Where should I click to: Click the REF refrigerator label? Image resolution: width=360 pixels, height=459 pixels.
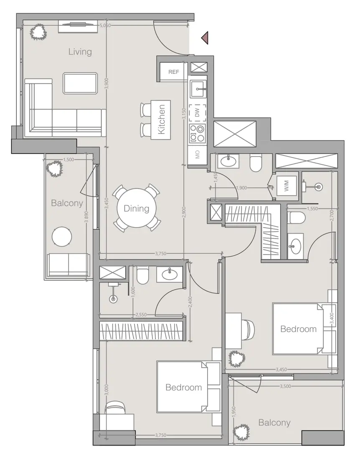pos(173,72)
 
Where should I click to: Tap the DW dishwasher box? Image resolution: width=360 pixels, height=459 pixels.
pos(197,112)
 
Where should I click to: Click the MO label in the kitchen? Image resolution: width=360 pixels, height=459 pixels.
pos(197,156)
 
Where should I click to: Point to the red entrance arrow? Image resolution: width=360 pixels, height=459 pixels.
pos(205,38)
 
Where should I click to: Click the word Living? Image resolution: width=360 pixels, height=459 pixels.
pos(80,52)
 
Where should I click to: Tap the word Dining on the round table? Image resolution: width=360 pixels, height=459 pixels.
pos(136,208)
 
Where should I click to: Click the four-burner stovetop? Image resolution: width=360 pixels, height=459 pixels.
pos(197,133)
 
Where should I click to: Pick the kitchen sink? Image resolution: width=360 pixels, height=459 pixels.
pos(198,88)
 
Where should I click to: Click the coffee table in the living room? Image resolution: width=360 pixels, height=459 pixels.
pos(80,83)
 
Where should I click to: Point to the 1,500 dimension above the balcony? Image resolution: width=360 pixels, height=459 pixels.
pos(68,159)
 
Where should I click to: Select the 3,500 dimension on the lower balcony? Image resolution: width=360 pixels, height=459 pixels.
pos(285,387)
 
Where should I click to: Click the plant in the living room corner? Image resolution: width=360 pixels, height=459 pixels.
pos(38,32)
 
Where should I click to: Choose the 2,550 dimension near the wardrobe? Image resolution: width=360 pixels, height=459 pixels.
pos(141,315)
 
